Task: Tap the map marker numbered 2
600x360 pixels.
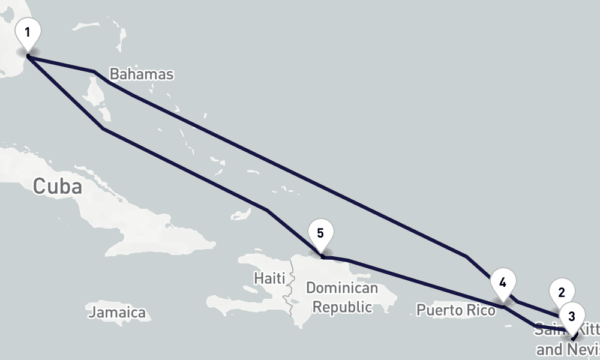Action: pyautogui.click(x=562, y=293)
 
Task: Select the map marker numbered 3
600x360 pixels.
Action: pyautogui.click(x=572, y=316)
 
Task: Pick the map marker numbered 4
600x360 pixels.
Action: pyautogui.click(x=502, y=283)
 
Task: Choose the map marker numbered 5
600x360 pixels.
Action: pyautogui.click(x=320, y=233)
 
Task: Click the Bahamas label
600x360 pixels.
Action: pyautogui.click(x=142, y=74)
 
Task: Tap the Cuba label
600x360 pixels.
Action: pyautogui.click(x=58, y=186)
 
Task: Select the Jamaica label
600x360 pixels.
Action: pyautogui.click(x=117, y=313)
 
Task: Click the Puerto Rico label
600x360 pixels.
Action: pyautogui.click(x=456, y=310)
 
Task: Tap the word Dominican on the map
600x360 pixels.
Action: pyautogui.click(x=342, y=288)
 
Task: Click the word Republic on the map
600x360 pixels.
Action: pyautogui.click(x=343, y=307)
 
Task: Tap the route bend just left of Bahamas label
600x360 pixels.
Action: pyautogui.click(x=94, y=72)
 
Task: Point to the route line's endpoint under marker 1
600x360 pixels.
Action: pyautogui.click(x=28, y=56)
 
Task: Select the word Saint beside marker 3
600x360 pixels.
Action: pyautogui.click(x=547, y=329)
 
